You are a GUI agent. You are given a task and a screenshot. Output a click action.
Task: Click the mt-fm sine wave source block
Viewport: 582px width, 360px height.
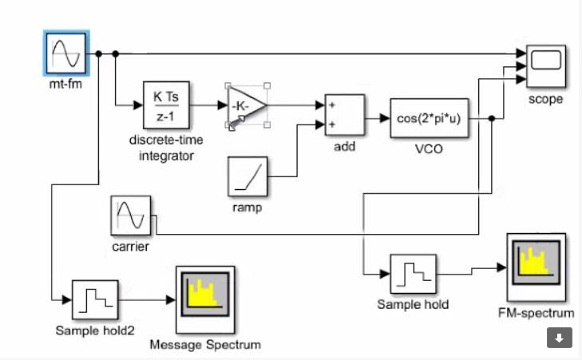[x=65, y=53]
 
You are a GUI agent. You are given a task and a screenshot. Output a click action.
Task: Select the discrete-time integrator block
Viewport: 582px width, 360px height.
[x=166, y=105]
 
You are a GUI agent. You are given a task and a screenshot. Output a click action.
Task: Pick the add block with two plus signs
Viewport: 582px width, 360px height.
[x=344, y=116]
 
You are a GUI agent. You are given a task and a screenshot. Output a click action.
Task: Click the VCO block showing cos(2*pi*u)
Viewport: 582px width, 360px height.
[x=429, y=118]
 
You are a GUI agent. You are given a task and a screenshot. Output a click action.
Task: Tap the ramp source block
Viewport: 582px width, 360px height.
[x=246, y=176]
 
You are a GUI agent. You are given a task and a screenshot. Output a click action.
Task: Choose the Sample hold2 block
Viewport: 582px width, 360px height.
[x=94, y=299]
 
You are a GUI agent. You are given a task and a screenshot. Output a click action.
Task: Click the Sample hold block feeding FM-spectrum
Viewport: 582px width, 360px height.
[x=413, y=274]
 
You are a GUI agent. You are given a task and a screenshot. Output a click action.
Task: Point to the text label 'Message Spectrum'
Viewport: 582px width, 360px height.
[x=205, y=345]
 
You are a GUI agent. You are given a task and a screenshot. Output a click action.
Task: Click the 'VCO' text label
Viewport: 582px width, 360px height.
[x=429, y=148]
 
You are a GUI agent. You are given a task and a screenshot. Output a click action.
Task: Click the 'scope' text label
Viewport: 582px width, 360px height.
[x=546, y=99]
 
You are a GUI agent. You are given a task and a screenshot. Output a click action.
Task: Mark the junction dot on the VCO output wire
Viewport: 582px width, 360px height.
[x=491, y=118]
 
